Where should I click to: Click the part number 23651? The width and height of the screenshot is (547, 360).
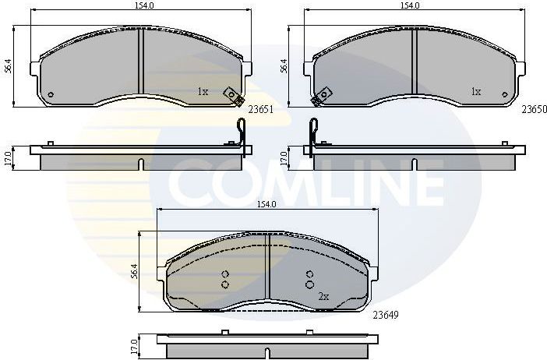[259, 110]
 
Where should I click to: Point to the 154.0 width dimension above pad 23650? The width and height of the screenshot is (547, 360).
[411, 5]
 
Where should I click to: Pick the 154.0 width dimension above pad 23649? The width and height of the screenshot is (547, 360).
[266, 204]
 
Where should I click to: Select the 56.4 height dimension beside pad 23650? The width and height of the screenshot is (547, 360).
[284, 65]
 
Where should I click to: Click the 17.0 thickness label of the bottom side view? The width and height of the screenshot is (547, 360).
[134, 344]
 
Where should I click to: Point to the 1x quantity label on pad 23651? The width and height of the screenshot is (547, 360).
[203, 91]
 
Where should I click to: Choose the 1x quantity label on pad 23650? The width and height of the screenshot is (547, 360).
[475, 91]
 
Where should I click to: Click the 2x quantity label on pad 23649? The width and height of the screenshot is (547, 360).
[323, 297]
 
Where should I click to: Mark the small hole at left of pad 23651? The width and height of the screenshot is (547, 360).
[51, 96]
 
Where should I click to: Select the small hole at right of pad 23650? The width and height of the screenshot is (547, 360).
[506, 96]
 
